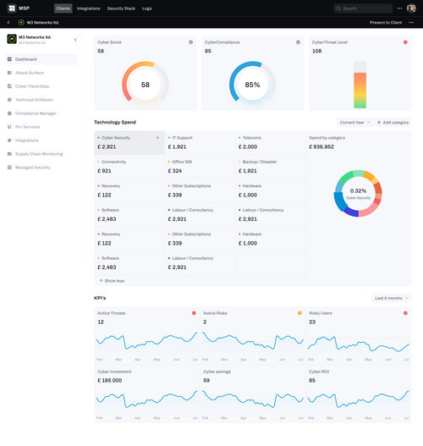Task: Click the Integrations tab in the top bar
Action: point(88,8)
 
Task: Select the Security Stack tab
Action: point(123,8)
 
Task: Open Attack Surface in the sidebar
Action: point(31,73)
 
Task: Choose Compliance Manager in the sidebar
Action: point(36,113)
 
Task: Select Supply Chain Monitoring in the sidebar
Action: point(39,153)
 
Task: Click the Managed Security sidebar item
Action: point(33,168)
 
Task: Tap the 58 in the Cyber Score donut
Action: point(146,85)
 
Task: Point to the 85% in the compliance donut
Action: point(252,85)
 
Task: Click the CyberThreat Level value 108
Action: point(317,51)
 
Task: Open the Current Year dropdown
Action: point(354,123)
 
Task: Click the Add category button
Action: point(393,123)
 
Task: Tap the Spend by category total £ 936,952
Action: point(321,146)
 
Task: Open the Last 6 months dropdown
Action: point(392,298)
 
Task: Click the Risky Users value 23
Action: point(312,322)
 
